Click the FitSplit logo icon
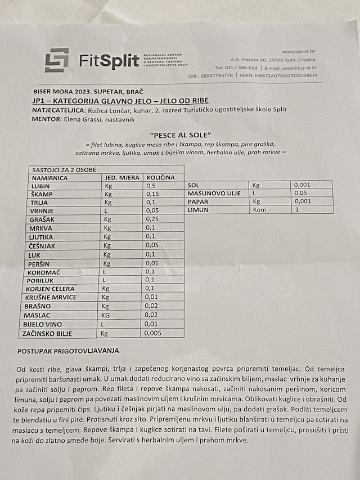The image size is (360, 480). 57,60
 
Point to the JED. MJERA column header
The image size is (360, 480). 121,178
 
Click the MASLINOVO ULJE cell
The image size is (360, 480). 214,193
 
